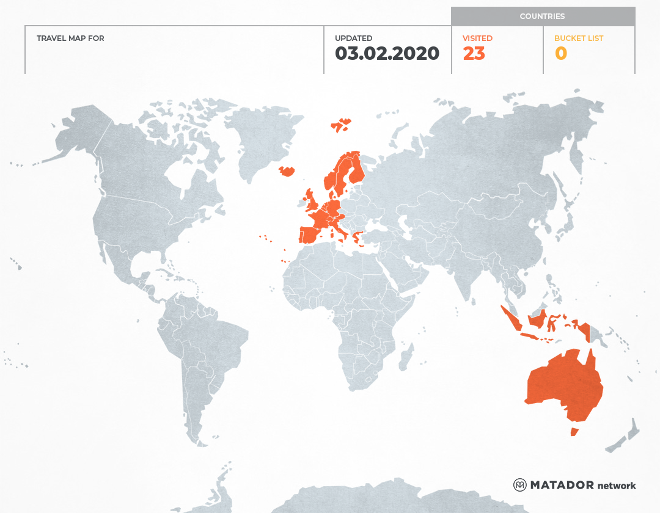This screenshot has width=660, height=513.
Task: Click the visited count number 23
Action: [474, 54]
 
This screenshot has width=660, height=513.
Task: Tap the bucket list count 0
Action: [560, 54]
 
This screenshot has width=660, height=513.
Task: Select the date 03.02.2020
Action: [387, 54]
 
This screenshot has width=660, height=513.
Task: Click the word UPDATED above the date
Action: [353, 38]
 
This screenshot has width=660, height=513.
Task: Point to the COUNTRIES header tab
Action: [542, 16]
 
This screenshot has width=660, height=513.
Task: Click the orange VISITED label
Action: [477, 38]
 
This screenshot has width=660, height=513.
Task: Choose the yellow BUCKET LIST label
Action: [578, 38]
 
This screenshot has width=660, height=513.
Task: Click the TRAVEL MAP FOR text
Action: [70, 38]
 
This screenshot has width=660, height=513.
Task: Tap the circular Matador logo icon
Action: [520, 485]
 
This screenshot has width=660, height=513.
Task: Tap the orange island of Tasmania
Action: [574, 432]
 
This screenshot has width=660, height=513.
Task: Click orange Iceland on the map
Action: [287, 171]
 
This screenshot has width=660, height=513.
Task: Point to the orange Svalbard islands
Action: [341, 125]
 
